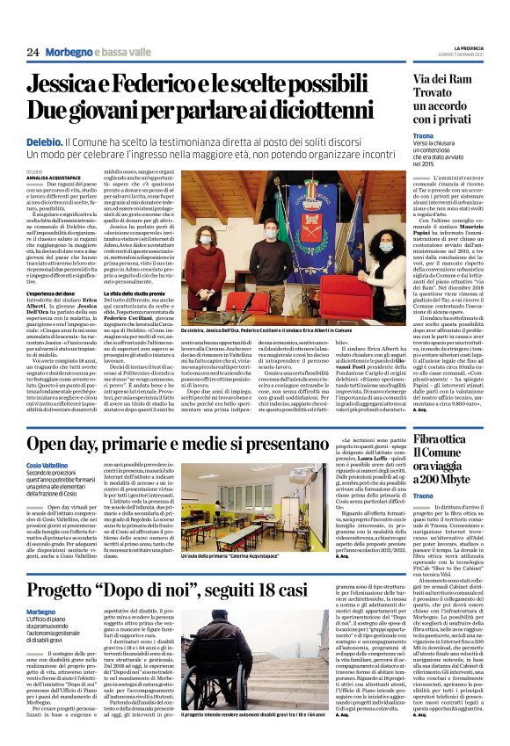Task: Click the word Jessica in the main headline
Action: (94, 85)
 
